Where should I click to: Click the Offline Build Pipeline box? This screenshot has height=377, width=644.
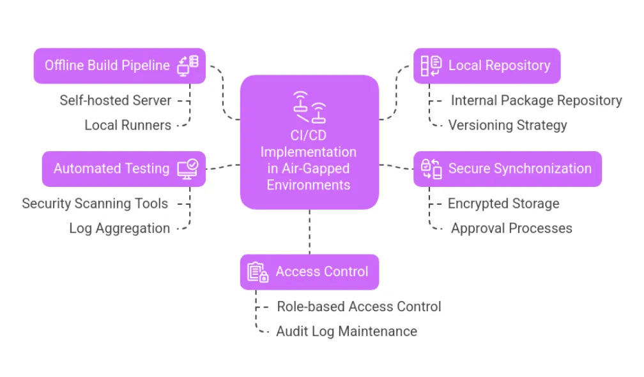pos(119,66)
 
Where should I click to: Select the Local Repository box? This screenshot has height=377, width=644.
pos(487,66)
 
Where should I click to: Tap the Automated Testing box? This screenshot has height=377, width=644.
pos(124,169)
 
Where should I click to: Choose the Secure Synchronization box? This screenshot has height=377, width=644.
pos(507,169)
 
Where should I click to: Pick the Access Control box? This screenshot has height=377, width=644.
pos(309,272)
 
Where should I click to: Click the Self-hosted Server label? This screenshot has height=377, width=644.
pos(116,100)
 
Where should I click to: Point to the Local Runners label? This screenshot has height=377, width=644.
pos(128,125)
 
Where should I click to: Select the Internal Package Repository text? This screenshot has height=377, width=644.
pos(536,100)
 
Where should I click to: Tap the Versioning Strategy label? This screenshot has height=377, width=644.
pos(507,125)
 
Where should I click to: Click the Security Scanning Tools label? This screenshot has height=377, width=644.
pos(95,203)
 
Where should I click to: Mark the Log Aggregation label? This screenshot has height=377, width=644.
pos(119,228)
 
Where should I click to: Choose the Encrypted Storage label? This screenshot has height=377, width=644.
pos(503,203)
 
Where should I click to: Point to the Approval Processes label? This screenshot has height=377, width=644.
pos(511,228)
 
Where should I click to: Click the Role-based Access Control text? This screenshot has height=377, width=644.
pos(358,306)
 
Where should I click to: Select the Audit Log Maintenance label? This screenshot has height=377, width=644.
pos(346,331)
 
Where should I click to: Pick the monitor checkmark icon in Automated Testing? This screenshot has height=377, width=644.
pos(187,168)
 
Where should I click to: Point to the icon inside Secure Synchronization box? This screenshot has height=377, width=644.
pos(431,169)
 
